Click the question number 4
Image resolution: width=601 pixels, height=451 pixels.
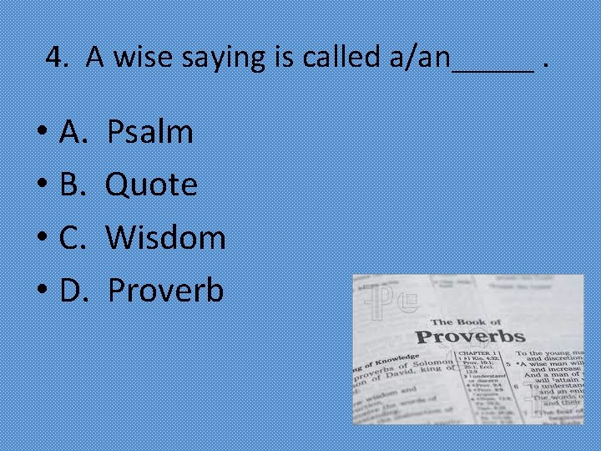pos(55,57)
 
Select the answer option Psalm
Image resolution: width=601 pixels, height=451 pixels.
pos(151,131)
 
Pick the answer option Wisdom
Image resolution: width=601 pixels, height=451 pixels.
pos(166,237)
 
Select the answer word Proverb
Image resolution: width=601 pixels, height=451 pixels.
pos(166,291)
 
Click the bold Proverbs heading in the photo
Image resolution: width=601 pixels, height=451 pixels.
pos(470,337)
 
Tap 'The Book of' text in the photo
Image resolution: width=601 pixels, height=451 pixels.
pos(466,321)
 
